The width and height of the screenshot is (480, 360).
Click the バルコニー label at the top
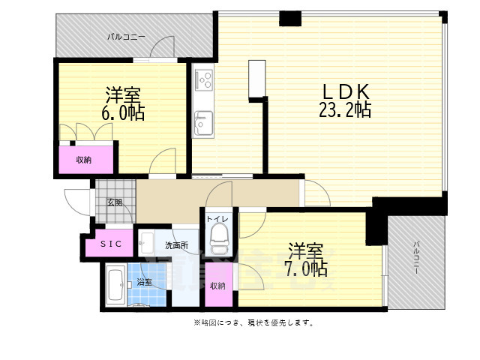click(x=126, y=36)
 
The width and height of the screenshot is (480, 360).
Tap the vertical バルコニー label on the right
click(x=416, y=257)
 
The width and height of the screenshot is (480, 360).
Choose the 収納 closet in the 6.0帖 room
click(x=84, y=159)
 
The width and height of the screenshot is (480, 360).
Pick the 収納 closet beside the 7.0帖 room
click(x=218, y=286)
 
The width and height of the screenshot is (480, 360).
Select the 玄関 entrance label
click(x=114, y=202)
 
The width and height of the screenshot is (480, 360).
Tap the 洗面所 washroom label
click(x=176, y=244)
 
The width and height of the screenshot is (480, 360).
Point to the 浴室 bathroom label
click(x=144, y=283)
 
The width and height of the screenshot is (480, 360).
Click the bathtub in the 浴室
click(x=115, y=285)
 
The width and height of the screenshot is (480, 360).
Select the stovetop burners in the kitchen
click(x=204, y=78)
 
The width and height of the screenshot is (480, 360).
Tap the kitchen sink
click(x=203, y=121)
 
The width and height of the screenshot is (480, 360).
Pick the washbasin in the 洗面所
click(x=147, y=243)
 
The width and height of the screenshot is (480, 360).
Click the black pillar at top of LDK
click(x=289, y=17)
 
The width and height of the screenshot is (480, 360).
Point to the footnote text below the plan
click(x=253, y=323)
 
